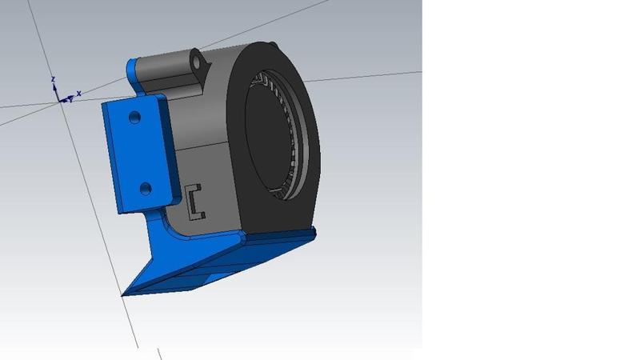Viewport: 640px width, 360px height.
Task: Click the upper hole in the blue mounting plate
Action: pyautogui.click(x=134, y=117)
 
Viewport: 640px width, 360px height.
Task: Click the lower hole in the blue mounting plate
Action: pyautogui.click(x=145, y=188)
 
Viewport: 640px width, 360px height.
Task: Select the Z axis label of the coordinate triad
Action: pyautogui.click(x=52, y=79)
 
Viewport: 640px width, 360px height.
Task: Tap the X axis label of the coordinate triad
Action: pyautogui.click(x=78, y=93)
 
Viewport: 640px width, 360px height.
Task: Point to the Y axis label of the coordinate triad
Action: pyautogui.click(x=70, y=100)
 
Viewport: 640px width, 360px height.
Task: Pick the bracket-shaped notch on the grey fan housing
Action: pyautogui.click(x=195, y=203)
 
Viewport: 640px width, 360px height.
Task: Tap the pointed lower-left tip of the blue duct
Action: pyautogui.click(x=124, y=294)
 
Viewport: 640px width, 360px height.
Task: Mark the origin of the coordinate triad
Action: pyautogui.click(x=58, y=99)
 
